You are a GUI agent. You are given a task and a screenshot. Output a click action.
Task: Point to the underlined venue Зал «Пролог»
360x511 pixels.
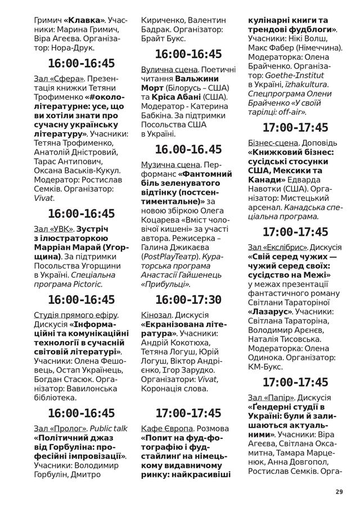coord(60,428)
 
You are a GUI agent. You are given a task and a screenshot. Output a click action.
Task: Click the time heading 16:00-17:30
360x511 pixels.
coord(188,299)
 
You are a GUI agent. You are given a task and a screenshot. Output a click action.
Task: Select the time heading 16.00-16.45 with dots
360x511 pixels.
coord(188,149)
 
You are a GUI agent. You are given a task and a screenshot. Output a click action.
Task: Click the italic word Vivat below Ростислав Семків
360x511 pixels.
coord(43,198)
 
